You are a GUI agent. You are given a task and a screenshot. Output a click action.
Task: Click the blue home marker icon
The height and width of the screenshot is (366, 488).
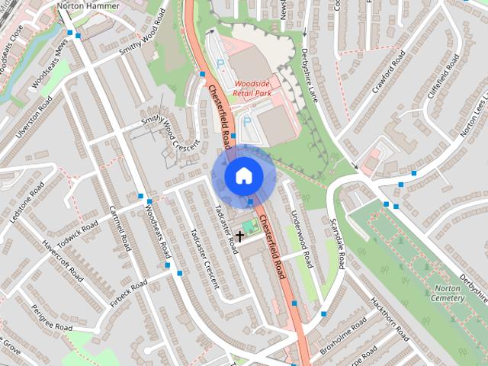click(243, 175)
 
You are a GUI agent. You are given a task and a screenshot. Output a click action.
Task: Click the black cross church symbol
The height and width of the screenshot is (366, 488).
click(239, 237)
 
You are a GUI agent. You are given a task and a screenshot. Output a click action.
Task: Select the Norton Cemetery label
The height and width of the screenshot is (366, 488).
click(448, 293)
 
